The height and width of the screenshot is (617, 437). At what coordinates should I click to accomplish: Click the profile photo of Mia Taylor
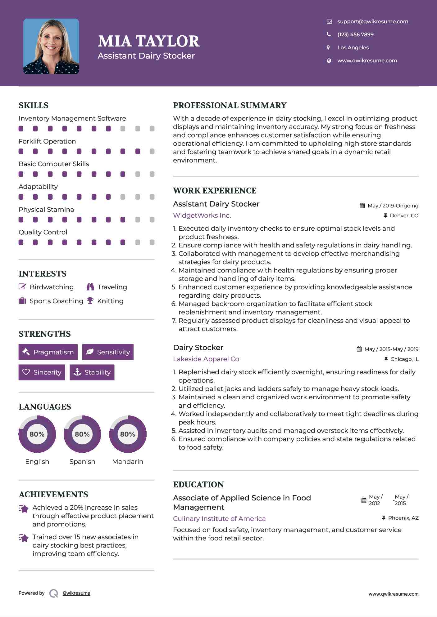[x=51, y=46]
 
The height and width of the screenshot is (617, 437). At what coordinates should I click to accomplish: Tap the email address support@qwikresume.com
[x=372, y=21]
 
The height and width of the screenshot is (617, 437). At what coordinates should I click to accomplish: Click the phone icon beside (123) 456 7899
[x=329, y=34]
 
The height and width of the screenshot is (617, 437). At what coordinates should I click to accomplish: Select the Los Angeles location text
[x=353, y=47]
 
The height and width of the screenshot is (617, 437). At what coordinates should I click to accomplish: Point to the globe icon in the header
[x=329, y=60]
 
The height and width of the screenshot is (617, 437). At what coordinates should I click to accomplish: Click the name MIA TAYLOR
[x=148, y=41]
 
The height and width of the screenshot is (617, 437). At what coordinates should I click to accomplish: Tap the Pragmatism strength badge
[x=48, y=352]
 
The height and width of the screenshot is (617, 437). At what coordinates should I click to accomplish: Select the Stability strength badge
[x=92, y=372]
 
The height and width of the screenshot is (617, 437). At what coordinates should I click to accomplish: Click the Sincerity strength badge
[x=42, y=372]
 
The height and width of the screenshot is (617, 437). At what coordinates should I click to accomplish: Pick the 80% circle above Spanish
[x=82, y=434]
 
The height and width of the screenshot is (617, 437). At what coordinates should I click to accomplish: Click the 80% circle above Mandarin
[x=128, y=434]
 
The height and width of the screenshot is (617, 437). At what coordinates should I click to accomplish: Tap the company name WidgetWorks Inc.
[x=202, y=215]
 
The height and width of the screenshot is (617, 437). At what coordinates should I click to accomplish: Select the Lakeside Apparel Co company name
[x=206, y=359]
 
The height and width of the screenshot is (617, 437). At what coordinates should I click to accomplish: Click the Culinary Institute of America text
[x=219, y=519]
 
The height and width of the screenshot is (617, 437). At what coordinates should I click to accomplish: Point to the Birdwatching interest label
[x=52, y=287]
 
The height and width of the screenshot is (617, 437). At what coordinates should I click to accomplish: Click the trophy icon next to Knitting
[x=90, y=301]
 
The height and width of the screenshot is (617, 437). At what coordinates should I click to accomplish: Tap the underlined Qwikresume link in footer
[x=76, y=593]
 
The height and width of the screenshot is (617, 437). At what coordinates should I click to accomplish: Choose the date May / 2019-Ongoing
[x=393, y=206]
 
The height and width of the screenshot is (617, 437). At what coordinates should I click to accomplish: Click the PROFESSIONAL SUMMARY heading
[x=230, y=105]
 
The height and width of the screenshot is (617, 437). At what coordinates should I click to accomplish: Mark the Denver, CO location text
[x=404, y=215]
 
